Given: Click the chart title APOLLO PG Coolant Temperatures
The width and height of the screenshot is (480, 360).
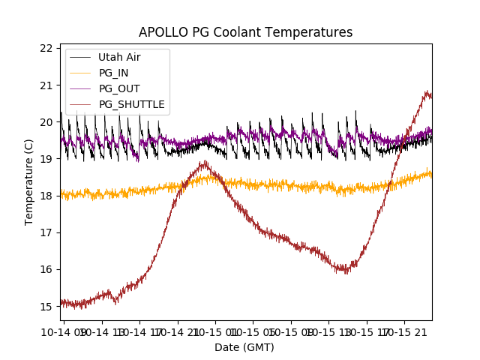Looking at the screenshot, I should (x=245, y=32).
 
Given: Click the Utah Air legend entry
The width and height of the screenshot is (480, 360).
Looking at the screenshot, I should (x=119, y=57).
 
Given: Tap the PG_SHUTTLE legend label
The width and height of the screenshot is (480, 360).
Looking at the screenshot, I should (x=131, y=104).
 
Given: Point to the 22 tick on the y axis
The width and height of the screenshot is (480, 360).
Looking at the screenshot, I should (x=46, y=48).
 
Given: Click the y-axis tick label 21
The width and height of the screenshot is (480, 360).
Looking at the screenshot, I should (x=46, y=85).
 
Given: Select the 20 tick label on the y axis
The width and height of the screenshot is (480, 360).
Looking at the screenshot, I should (x=46, y=121).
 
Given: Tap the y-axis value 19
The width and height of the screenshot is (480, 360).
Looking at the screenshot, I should (x=46, y=158).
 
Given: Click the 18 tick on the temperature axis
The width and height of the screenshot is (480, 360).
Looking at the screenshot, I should (x=46, y=195).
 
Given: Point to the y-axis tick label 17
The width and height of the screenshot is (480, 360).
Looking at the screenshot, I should (x=46, y=232).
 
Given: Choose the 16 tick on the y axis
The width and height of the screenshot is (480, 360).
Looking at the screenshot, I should (x=46, y=269).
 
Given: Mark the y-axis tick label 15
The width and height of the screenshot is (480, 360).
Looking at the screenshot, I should (x=46, y=306).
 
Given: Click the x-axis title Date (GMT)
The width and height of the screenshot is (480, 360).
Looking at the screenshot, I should (x=244, y=347).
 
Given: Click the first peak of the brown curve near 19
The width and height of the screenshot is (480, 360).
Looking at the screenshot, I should (x=203, y=163).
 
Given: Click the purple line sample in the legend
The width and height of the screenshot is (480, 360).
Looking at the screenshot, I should (x=79, y=88).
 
